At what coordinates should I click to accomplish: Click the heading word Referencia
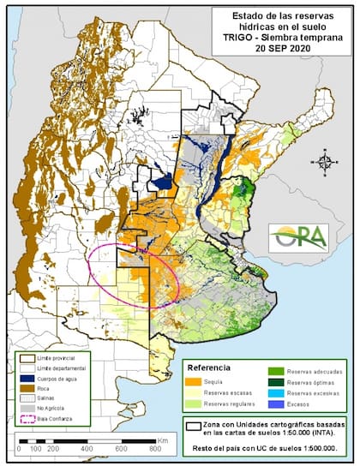[209, 368]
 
